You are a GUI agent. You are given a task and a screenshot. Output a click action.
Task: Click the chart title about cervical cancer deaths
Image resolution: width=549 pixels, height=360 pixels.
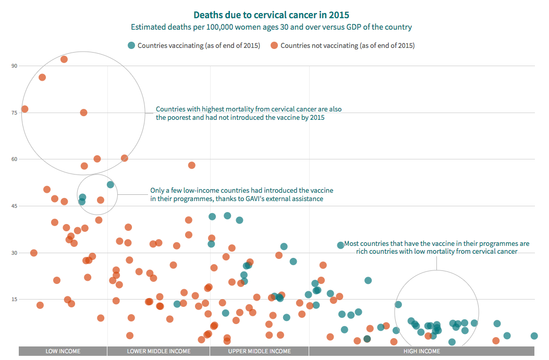coord(271,15)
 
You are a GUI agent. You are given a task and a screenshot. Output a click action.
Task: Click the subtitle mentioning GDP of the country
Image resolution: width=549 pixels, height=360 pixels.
coord(271,27)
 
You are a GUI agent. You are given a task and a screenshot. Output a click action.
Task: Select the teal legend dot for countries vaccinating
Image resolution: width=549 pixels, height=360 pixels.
coord(132,45)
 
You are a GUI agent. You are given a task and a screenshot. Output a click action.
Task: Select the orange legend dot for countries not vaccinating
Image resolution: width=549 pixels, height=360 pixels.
coord(274,45)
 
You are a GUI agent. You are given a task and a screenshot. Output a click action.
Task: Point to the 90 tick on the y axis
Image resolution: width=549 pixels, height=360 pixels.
coord(14,66)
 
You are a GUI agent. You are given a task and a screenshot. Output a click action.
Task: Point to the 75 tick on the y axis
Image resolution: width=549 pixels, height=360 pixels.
coord(14,113)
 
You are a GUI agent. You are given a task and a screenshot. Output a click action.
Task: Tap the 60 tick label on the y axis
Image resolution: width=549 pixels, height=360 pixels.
coord(14,159)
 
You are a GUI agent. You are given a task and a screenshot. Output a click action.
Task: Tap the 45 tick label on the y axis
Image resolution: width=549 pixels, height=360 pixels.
coord(14,206)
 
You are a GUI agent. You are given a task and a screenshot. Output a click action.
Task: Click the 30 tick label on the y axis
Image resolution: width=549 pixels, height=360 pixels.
coord(14,253)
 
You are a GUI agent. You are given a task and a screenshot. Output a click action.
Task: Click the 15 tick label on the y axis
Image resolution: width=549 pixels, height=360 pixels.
coord(14,299)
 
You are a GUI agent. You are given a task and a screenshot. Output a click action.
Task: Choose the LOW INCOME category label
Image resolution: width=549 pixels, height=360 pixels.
coord(63,351)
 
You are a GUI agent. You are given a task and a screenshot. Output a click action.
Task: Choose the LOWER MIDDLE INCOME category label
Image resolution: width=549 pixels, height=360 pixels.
coord(158,351)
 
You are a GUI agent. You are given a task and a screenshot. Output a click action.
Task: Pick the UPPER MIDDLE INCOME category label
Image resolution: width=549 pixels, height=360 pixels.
coord(260,351)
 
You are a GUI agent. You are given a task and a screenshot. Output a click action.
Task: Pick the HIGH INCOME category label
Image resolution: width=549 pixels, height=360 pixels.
coord(422,351)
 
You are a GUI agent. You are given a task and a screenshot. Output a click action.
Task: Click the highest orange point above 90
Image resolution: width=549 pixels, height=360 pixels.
coord(64,59)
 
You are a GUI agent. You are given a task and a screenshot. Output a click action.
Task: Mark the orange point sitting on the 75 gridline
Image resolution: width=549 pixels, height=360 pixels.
coord(83,113)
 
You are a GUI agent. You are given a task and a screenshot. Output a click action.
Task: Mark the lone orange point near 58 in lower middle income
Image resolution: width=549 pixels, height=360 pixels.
coord(191,165)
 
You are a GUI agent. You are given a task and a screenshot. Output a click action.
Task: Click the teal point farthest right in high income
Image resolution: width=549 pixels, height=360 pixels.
coord(534,336)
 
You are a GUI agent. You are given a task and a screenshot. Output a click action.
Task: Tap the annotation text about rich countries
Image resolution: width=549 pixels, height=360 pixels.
coord(436,247)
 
